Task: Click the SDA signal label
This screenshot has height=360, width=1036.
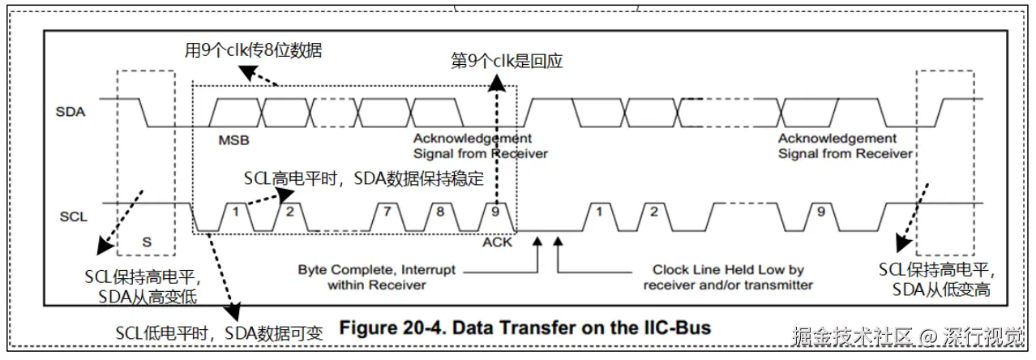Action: click(71, 112)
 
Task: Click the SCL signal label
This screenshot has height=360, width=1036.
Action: click(73, 216)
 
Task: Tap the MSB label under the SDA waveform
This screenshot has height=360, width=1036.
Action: click(233, 140)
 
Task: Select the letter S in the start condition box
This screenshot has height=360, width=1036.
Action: click(147, 242)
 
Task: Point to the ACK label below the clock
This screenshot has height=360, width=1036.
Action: click(497, 242)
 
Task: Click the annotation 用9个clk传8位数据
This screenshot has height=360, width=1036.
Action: click(254, 50)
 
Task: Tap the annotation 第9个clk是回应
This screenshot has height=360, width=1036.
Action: click(507, 61)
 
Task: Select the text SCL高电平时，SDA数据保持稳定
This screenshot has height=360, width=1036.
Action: click(364, 178)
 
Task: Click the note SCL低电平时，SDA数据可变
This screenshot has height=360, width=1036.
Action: click(219, 333)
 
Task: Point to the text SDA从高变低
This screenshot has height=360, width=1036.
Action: click(148, 297)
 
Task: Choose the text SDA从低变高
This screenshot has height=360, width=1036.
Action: click(941, 290)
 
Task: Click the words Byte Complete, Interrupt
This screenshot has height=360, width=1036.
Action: click(376, 270)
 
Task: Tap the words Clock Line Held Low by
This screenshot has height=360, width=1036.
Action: click(728, 270)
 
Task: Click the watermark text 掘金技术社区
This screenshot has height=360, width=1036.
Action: click(851, 336)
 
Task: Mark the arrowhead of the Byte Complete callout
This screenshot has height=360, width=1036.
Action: click(537, 242)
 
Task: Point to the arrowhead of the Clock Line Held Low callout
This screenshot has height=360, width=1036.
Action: click(559, 242)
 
